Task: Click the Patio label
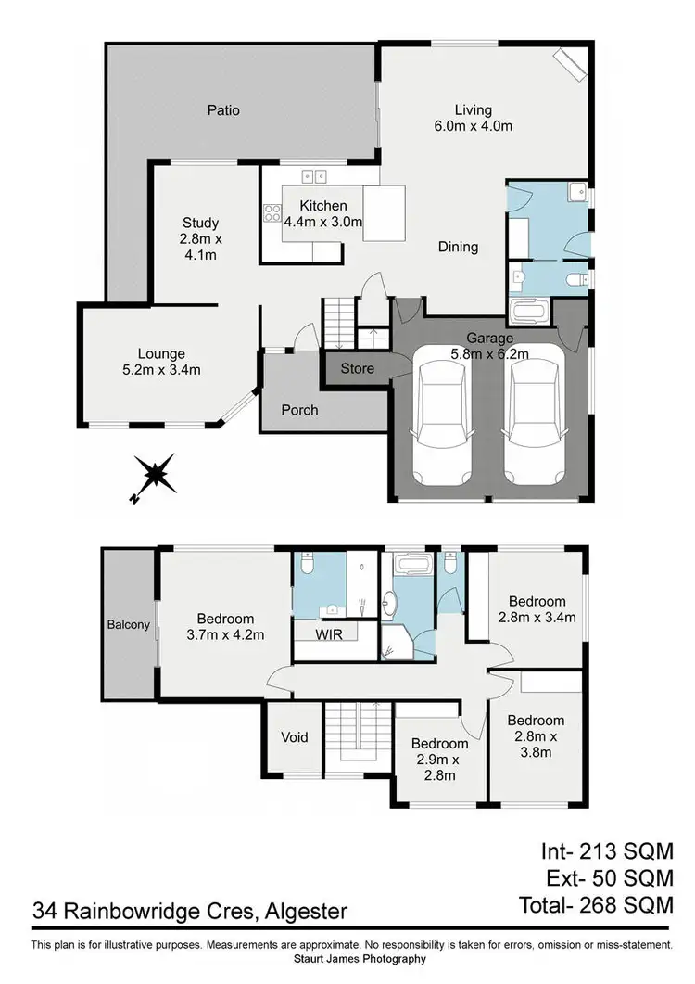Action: pos(222,110)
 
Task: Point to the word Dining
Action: pos(458,247)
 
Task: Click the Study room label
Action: pos(200,223)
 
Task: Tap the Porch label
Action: pos(299,410)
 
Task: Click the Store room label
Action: pos(358,368)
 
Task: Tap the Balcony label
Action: pos(128,624)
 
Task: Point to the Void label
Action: pos(295,737)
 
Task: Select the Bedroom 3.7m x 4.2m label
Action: pos(225,627)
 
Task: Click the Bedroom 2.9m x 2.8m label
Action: pos(440,758)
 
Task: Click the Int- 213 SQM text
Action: pos(606,850)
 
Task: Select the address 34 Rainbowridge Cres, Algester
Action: pos(190,911)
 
